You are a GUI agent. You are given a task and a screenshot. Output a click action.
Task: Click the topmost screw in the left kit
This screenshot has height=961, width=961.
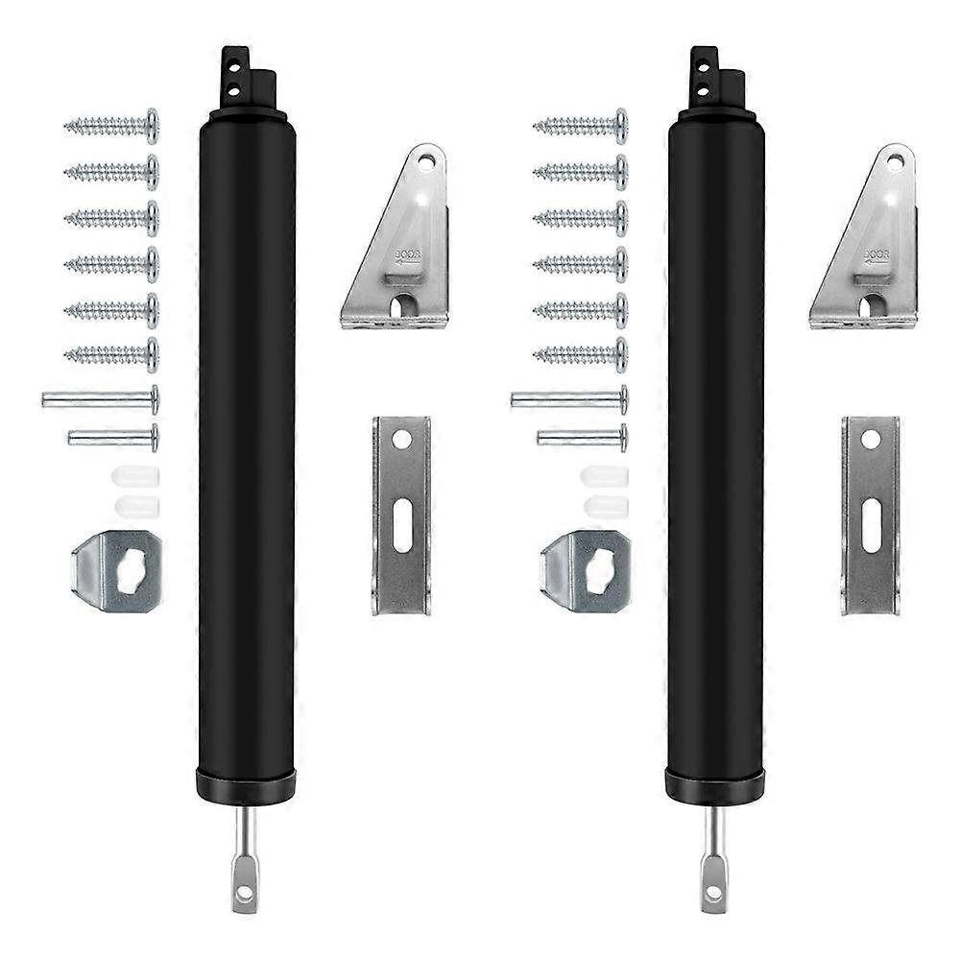click(111, 126)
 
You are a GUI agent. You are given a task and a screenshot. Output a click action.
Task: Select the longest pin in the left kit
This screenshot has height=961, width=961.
click(100, 398)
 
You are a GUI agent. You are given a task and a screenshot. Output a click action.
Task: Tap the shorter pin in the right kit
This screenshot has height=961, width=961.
click(582, 438)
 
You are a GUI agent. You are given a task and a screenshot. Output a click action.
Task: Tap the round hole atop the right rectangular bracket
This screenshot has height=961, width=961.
click(871, 441)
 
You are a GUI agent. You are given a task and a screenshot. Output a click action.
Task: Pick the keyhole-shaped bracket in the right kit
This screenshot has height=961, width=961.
click(586, 572)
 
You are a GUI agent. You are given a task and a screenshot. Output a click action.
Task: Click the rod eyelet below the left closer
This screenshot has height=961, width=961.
click(245, 894)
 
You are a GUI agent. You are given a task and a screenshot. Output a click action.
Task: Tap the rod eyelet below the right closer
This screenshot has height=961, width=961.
click(713, 894)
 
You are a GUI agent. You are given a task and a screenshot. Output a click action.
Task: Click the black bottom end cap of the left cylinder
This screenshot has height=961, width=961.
click(246, 784)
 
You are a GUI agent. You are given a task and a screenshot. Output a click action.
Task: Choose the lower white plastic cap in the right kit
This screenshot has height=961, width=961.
click(605, 505)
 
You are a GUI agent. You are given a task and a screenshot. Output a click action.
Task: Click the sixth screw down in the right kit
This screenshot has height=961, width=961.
click(580, 356)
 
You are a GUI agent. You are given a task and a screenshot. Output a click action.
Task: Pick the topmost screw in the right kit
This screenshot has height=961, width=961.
click(580, 126)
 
